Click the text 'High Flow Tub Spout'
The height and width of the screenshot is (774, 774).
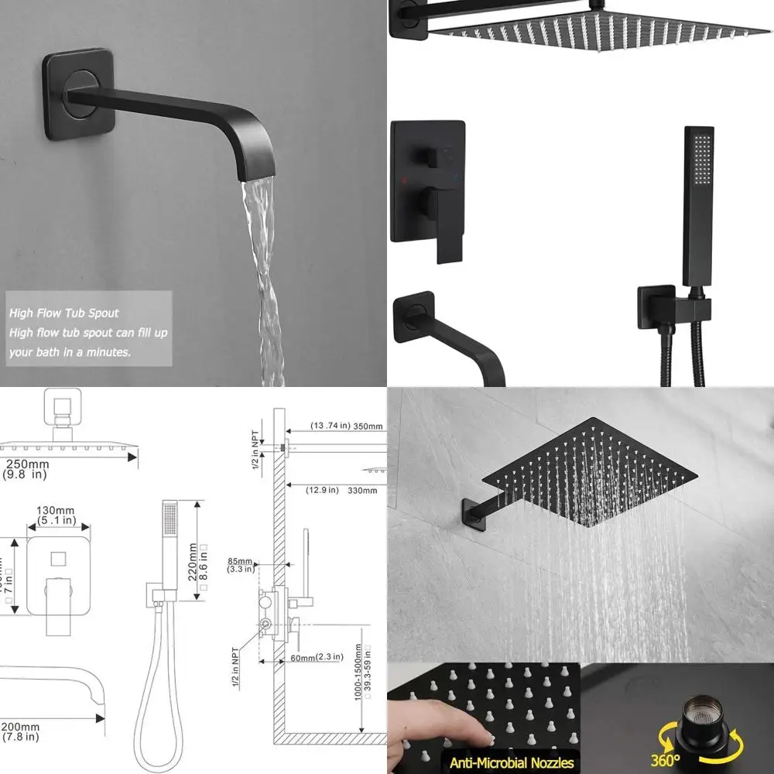click(64, 313)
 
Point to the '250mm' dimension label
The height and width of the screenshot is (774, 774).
click(25, 464)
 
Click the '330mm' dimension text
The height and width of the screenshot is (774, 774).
click(361, 490)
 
